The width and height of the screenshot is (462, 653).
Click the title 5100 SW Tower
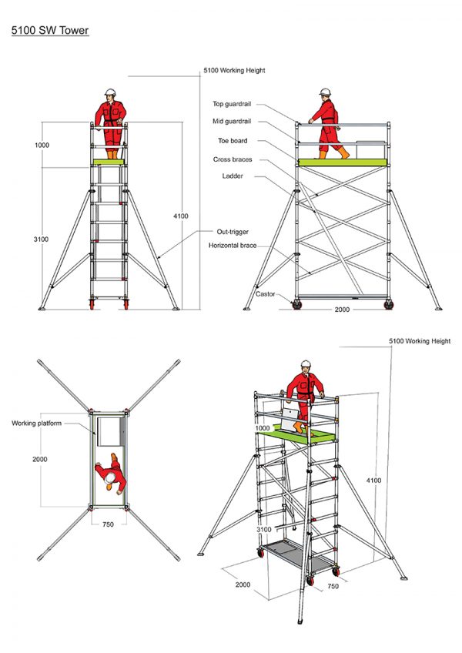49,32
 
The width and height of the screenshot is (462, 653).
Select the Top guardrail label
234,104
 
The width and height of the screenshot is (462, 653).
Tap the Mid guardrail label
234,122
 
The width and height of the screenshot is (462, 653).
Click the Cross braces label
233,159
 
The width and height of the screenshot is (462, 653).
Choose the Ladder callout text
233,177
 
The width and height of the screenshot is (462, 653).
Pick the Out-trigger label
232,231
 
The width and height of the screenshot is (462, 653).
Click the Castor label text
265,294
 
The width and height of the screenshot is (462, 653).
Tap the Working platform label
36,423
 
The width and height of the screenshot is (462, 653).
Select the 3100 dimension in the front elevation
41,239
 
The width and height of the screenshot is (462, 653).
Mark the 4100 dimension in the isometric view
373,481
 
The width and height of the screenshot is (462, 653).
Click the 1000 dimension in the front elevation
41,145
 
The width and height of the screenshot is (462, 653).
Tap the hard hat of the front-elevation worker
110,92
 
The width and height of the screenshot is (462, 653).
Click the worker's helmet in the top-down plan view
110,478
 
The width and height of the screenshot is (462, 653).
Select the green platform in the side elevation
343,162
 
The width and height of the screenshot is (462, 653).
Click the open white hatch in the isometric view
290,420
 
